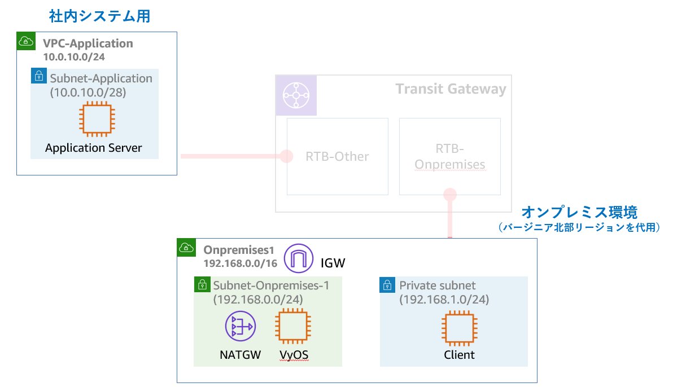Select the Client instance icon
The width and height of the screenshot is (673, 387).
(458, 328)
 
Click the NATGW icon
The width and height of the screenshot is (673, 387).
(240, 327)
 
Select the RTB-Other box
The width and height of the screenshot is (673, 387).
(337, 156)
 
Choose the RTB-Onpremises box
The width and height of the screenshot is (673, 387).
(449, 156)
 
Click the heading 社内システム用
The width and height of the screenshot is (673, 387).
(99, 16)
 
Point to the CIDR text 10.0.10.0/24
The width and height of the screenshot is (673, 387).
(74, 56)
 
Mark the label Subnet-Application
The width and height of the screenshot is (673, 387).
(101, 78)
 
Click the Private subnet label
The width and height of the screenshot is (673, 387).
(438, 285)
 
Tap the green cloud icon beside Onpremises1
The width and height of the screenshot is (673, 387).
(186, 247)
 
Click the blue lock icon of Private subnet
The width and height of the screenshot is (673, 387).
(387, 284)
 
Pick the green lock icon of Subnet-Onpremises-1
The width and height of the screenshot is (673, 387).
(202, 284)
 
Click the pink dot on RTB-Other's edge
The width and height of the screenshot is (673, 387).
(287, 156)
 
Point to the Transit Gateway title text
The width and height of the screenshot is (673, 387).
(451, 89)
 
